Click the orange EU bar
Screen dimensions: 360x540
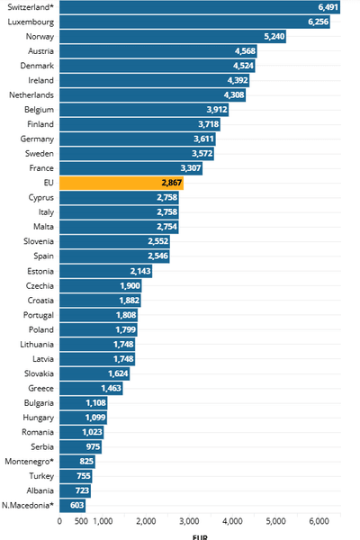tap(121, 183)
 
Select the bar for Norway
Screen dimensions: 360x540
tap(173, 37)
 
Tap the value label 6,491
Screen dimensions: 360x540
tap(328, 7)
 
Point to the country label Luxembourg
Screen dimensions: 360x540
tap(31, 22)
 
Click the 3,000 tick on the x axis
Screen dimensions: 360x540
tap(189, 521)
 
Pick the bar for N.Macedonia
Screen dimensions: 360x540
tap(72, 505)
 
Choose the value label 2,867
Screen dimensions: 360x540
tap(172, 183)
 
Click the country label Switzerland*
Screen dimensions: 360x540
tap(31, 7)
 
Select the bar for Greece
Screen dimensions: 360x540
tap(91, 388)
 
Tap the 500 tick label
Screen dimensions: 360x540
tap(81, 521)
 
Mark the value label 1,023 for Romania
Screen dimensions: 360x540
tap(92, 432)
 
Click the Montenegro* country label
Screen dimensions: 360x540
tap(30, 462)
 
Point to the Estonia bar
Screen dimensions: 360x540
tap(106, 271)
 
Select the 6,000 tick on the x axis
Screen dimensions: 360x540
tap(319, 521)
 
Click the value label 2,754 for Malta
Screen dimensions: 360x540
tap(167, 227)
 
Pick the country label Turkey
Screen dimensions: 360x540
tap(41, 476)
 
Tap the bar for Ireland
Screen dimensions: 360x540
tap(154, 81)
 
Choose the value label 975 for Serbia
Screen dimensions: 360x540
tap(93, 446)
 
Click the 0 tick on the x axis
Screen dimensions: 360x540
tap(59, 521)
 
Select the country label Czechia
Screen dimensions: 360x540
tap(40, 286)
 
